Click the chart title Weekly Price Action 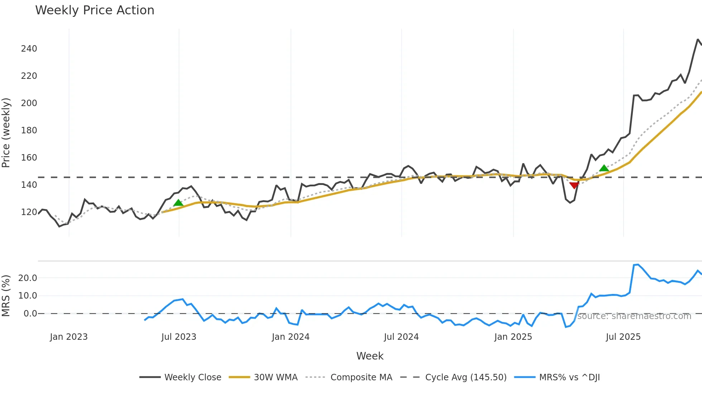click(95, 10)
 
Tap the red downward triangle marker click(574, 185)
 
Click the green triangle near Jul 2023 click(178, 203)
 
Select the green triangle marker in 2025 click(604, 168)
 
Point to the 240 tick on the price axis click(29, 49)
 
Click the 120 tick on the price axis click(29, 212)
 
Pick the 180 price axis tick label click(29, 130)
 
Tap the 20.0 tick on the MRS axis click(28, 278)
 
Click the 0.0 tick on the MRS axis click(30, 314)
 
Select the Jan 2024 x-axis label click(290, 337)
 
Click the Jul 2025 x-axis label click(623, 337)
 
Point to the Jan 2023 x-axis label click(69, 337)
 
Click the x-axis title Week click(370, 356)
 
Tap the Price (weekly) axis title click(6, 133)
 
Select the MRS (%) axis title click(6, 296)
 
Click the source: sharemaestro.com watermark click(634, 316)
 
